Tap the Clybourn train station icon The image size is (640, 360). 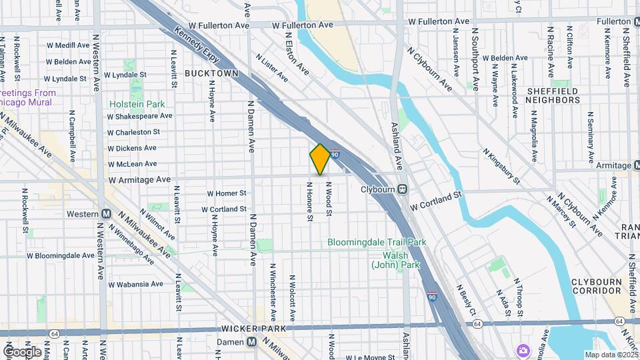[x=403, y=189]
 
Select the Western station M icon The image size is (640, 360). [x=106, y=214]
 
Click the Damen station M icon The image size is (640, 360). [x=251, y=341]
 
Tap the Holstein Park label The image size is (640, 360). [x=137, y=104]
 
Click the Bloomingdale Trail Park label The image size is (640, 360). [x=377, y=243]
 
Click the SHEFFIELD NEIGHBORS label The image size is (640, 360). [x=563, y=95]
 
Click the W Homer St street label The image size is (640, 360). [x=227, y=193]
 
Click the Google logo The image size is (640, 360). [x=22, y=351]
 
